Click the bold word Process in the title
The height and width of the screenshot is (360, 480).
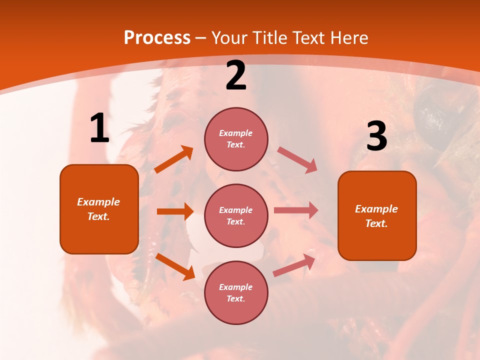coord(157,38)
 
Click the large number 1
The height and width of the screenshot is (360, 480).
coord(99,128)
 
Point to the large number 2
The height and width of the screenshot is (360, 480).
coord(236,76)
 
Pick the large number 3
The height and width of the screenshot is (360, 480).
coord(376,136)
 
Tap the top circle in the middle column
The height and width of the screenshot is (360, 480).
coord(236,139)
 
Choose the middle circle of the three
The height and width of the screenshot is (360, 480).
coord(236,215)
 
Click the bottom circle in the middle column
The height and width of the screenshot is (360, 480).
coord(236,292)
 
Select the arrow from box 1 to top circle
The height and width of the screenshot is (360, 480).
coord(174,159)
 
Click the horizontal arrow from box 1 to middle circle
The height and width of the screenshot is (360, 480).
coord(175,211)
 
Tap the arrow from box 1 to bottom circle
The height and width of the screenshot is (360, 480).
coord(175,266)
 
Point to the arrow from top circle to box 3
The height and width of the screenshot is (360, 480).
coord(297,159)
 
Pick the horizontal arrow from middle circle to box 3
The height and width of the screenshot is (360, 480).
coord(296,210)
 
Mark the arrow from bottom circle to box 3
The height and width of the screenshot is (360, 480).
coord(294,265)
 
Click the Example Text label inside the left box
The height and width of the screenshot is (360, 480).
coord(98,209)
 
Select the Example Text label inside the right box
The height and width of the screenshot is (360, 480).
coord(376,216)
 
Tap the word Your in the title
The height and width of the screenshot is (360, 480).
coord(230,38)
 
